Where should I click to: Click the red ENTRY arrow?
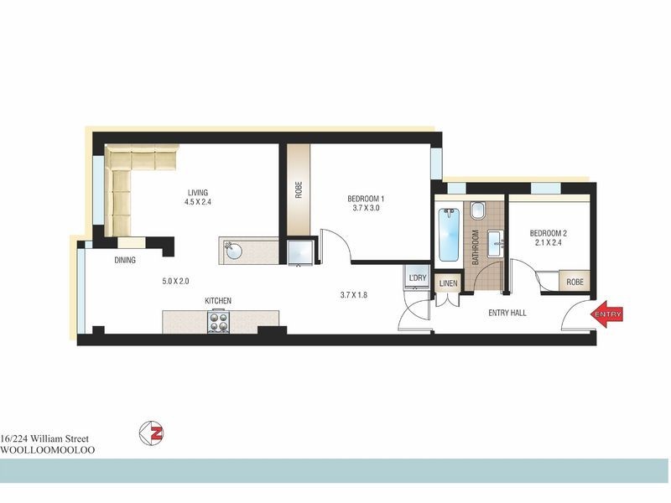(606, 314)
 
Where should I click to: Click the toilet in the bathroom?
(478, 210)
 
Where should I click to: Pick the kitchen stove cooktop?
(217, 322)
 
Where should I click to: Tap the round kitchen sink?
(233, 249)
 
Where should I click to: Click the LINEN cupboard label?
(448, 283)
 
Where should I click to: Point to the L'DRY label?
(416, 277)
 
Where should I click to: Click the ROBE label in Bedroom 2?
(575, 283)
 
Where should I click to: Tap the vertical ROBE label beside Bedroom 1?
(298, 189)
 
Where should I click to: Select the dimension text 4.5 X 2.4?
(199, 201)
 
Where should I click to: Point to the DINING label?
(125, 261)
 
